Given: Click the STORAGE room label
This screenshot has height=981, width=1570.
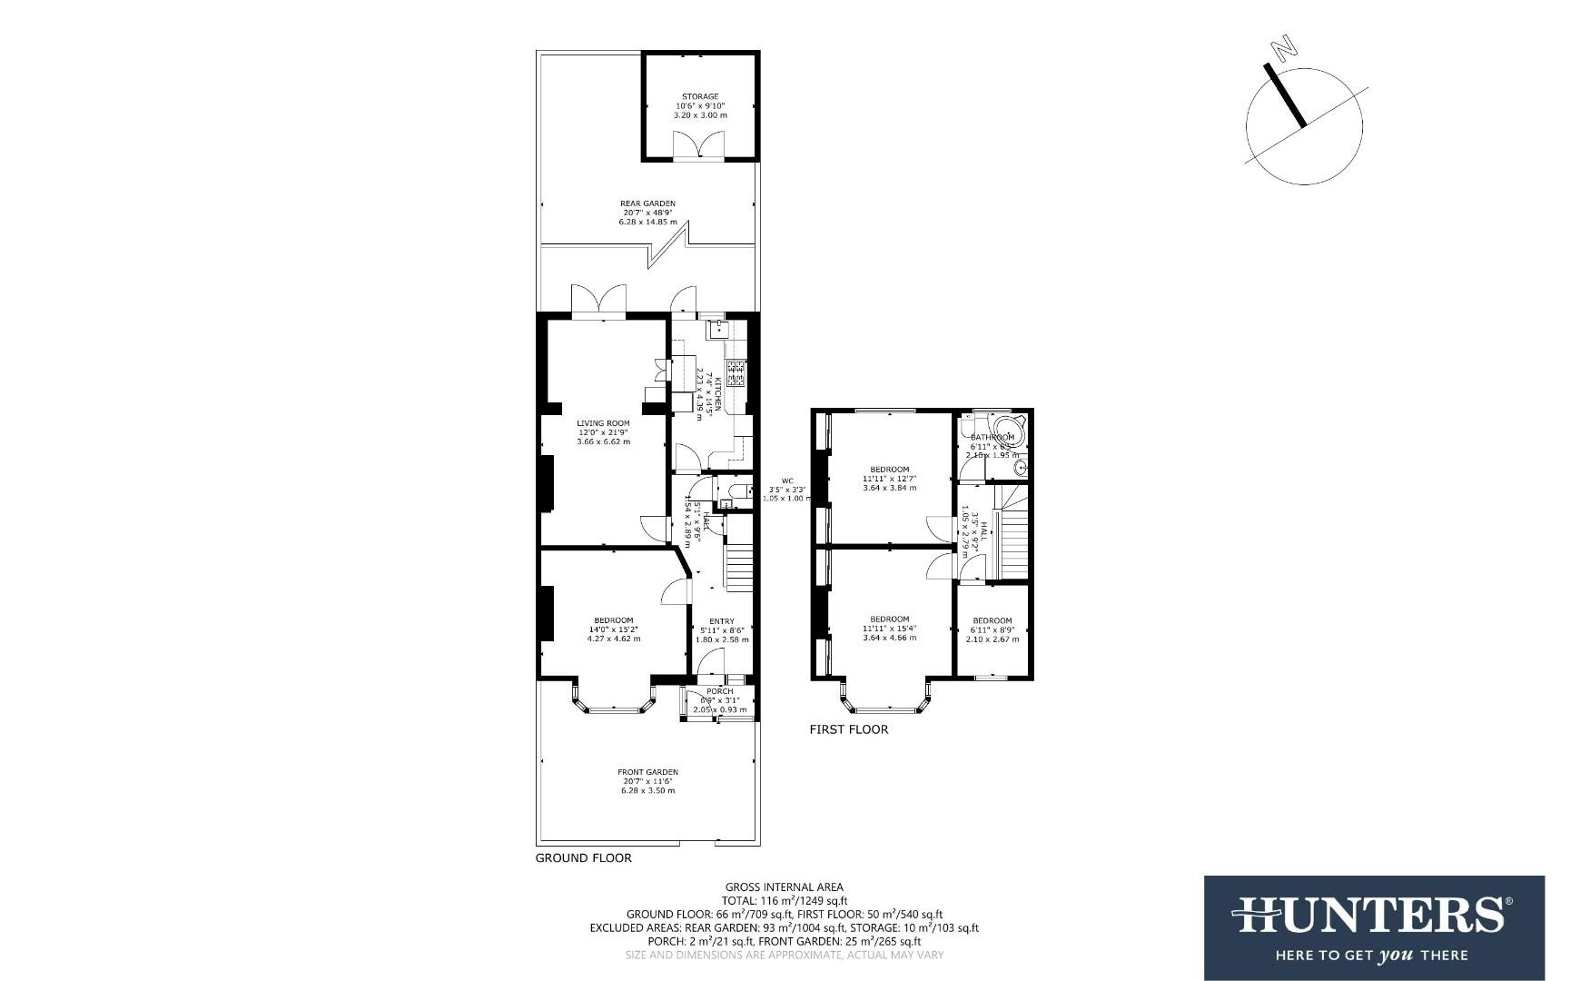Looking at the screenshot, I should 700,96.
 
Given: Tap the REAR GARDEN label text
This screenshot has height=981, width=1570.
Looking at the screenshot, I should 647,203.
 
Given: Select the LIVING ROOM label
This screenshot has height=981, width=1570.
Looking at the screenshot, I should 603,423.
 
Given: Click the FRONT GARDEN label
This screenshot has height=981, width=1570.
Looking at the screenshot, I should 647,772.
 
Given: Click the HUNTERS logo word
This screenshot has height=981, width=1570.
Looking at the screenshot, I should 1371,914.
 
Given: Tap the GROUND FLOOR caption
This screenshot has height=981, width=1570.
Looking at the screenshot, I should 583,857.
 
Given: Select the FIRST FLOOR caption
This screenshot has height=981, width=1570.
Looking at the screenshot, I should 848,729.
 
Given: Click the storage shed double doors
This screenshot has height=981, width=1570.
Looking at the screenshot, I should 700,145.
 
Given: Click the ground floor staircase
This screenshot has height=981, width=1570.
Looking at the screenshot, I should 739,566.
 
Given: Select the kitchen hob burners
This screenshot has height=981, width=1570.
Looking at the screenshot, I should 736,371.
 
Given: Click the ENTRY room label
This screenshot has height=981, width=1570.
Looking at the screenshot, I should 722,621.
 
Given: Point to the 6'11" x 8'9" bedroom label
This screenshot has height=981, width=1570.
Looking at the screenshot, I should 992,621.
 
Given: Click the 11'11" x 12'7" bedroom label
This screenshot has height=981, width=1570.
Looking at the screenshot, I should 889,470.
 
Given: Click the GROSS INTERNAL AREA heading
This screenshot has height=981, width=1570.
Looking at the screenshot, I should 784,887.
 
